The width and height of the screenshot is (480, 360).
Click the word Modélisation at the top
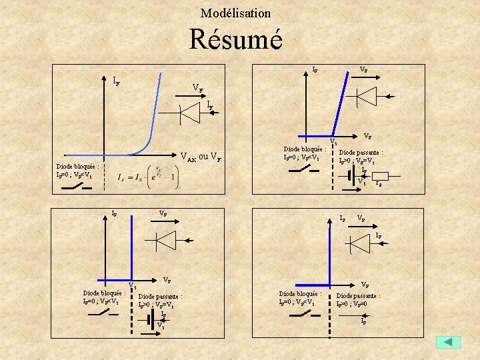tap(235, 13)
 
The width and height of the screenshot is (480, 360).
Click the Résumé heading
tap(235, 39)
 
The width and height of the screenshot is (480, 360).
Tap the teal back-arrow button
tap(448, 341)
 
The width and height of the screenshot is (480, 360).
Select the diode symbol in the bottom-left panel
tap(165, 239)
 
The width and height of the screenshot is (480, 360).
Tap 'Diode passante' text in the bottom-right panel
tap(359, 295)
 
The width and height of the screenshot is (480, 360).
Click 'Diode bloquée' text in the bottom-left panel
tap(104, 293)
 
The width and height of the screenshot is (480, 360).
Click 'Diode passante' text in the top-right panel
tap(361, 152)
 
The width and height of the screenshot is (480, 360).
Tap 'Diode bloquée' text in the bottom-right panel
tap(300, 293)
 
